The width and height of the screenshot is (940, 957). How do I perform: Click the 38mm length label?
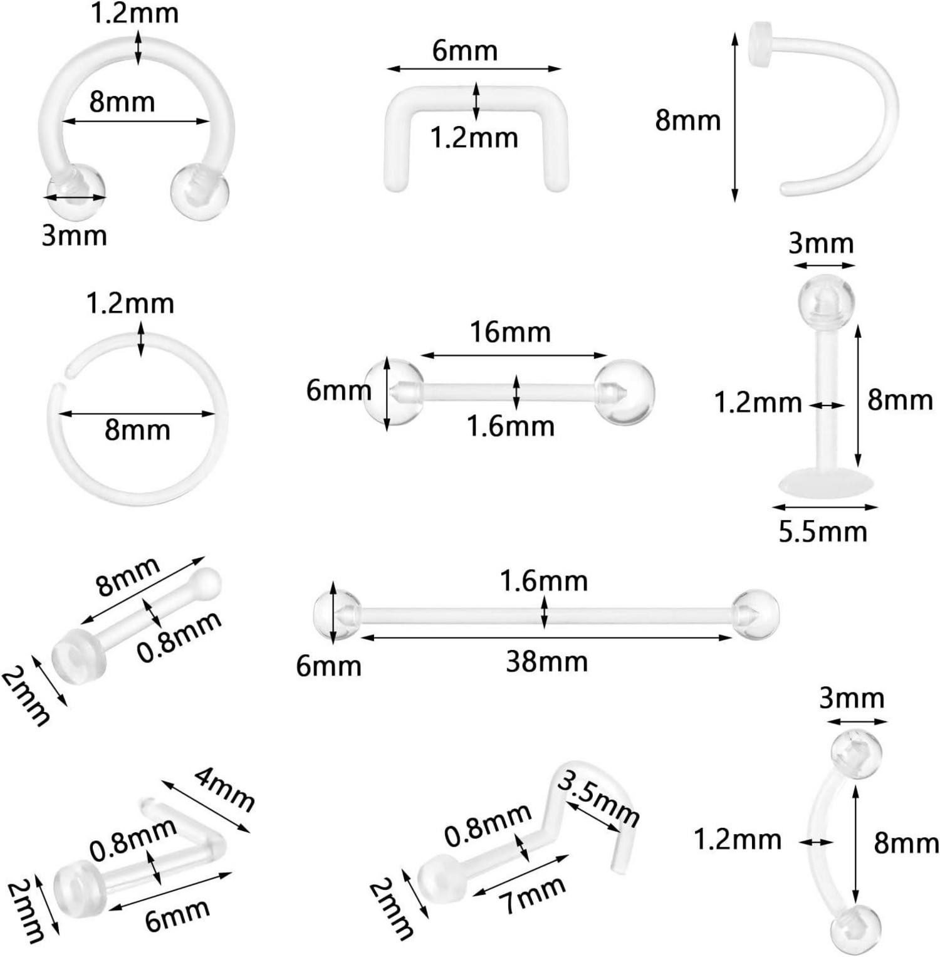click(546, 662)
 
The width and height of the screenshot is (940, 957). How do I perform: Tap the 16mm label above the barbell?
click(510, 332)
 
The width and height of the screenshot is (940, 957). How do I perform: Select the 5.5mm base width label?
click(823, 531)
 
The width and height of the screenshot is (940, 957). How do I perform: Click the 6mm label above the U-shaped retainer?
click(464, 50)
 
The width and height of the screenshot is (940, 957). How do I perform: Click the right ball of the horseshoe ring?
click(200, 189)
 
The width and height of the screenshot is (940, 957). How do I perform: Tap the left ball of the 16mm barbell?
click(393, 392)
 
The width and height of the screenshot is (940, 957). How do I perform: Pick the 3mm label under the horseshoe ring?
click(74, 236)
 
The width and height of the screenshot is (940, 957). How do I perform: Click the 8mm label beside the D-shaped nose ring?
click(687, 119)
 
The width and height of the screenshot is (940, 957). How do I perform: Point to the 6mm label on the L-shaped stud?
click(177, 916)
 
